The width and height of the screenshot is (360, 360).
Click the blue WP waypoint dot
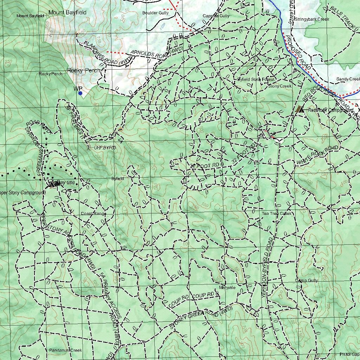80,93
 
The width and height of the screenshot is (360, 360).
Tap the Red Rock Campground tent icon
300,109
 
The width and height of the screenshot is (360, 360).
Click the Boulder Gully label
155,13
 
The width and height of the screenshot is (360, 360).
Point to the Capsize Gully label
216,16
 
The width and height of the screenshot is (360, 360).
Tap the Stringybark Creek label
312,19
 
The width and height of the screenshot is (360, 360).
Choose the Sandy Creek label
348,79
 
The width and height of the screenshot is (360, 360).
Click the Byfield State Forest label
256,79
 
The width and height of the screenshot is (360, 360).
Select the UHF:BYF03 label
105,148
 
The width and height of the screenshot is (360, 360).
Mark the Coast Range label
94,214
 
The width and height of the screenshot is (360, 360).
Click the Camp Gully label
306,281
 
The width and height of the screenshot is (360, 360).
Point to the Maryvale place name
227,288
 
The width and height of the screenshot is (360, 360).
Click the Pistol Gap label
349,354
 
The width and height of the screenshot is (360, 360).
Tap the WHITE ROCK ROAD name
317,155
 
